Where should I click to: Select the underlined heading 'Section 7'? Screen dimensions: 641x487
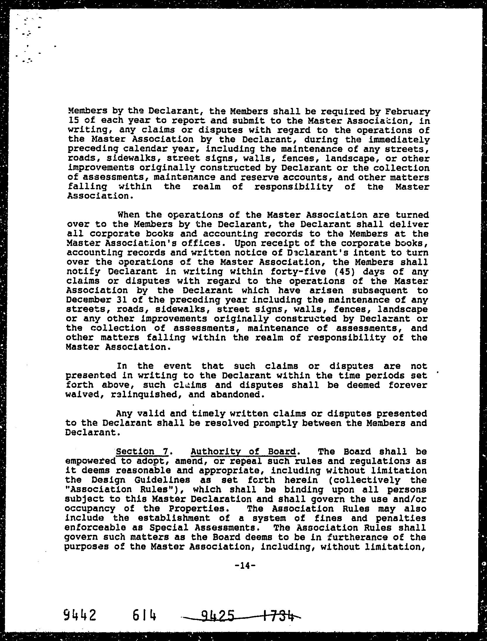coord(142,452)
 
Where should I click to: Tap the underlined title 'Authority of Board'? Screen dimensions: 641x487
coord(243,452)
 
